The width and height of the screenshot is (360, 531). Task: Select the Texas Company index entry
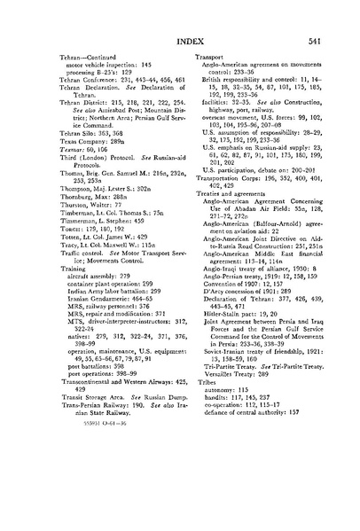point(91,168)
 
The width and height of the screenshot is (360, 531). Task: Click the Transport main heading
point(207,55)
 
